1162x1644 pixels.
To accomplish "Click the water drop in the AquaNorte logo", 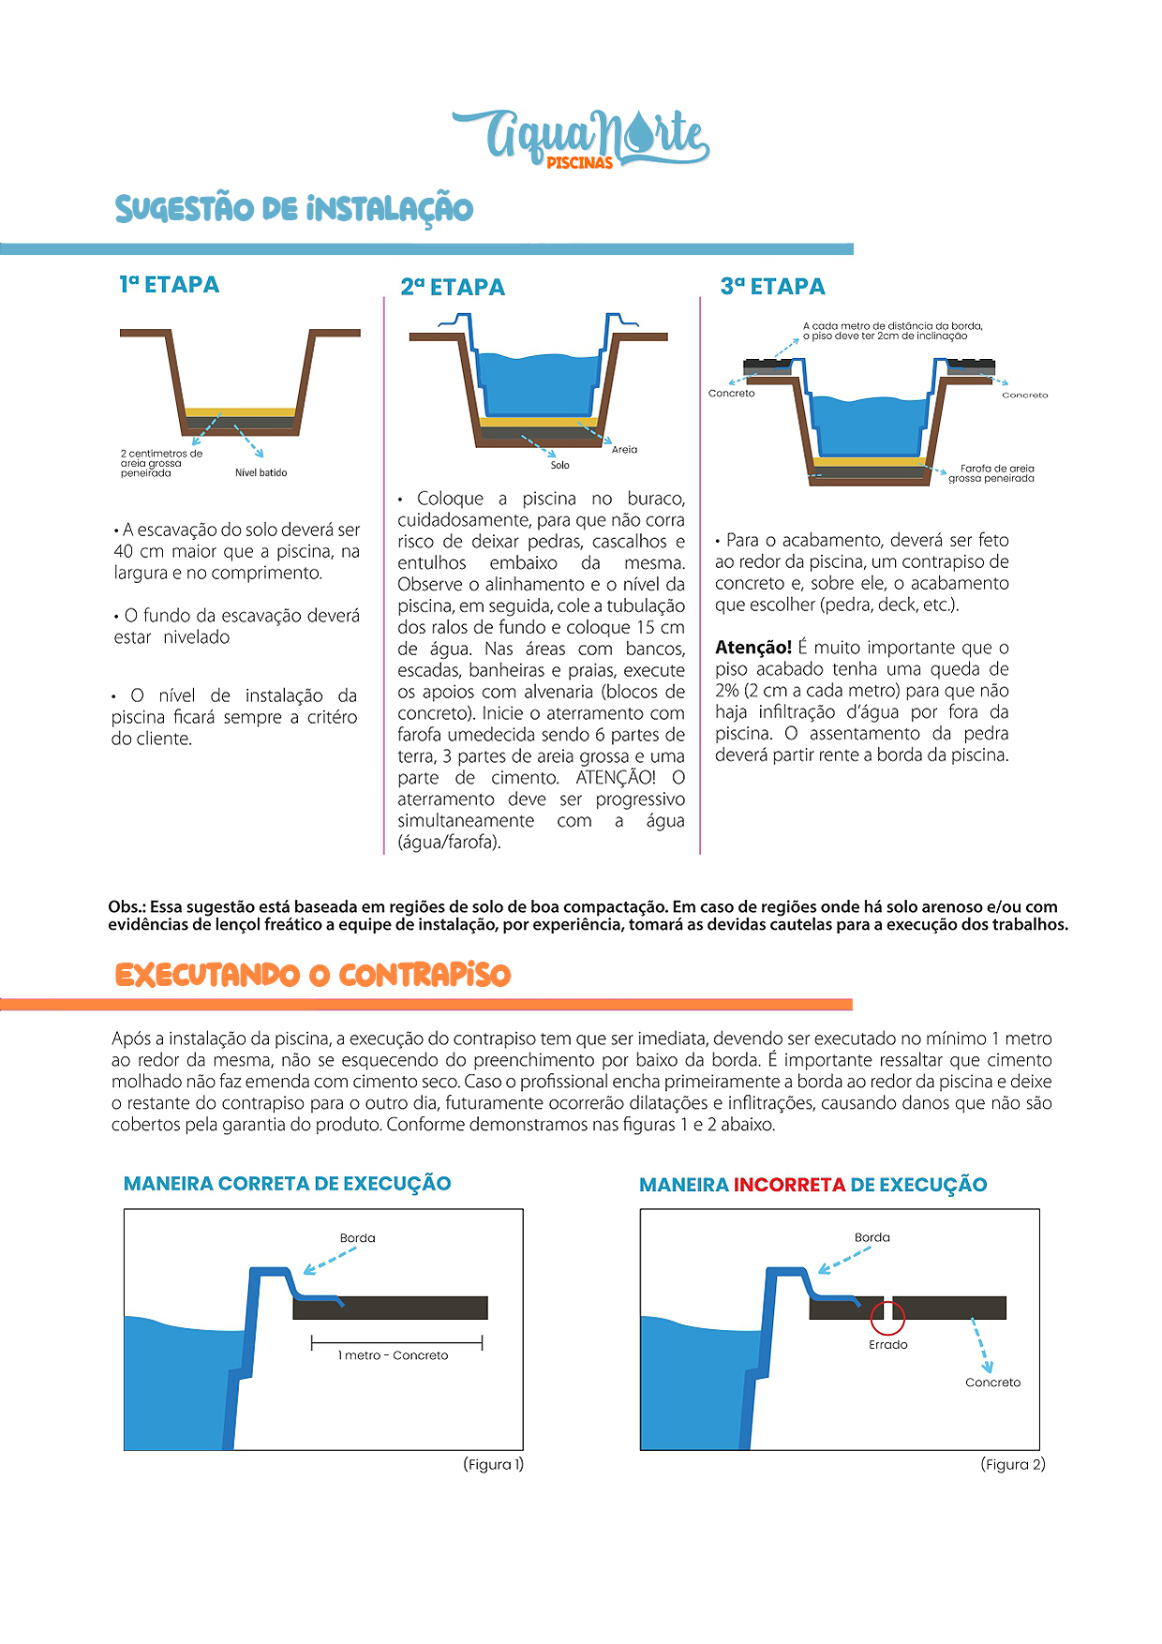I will point(640,133).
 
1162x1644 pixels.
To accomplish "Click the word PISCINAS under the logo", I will point(579,163).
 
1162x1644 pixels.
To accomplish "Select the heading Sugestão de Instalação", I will point(294,209).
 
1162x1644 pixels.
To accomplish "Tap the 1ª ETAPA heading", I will point(170,285).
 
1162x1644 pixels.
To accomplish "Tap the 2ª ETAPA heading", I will point(453,288).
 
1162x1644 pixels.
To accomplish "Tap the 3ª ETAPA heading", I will point(773,287).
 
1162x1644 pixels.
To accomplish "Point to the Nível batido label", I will point(261,473).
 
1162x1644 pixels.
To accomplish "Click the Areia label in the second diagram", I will point(624,450).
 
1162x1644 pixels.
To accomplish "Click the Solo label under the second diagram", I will point(559,466).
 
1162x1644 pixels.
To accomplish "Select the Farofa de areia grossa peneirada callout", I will point(991,473).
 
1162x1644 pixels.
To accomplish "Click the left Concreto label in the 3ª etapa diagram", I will point(731,394).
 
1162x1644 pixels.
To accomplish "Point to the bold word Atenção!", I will point(753,648).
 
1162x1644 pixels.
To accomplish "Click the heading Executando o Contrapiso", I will point(313,976).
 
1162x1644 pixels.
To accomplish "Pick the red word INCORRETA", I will point(789,1186).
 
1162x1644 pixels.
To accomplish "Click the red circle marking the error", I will point(887,1317).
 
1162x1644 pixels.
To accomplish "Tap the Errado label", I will point(887,1345).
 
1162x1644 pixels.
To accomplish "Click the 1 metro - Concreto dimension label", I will point(393,1356).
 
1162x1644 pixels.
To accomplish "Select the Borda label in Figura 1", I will point(357,1238).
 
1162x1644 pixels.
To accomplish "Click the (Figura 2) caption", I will point(1012,1465).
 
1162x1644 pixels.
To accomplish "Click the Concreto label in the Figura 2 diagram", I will point(992,1383).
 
